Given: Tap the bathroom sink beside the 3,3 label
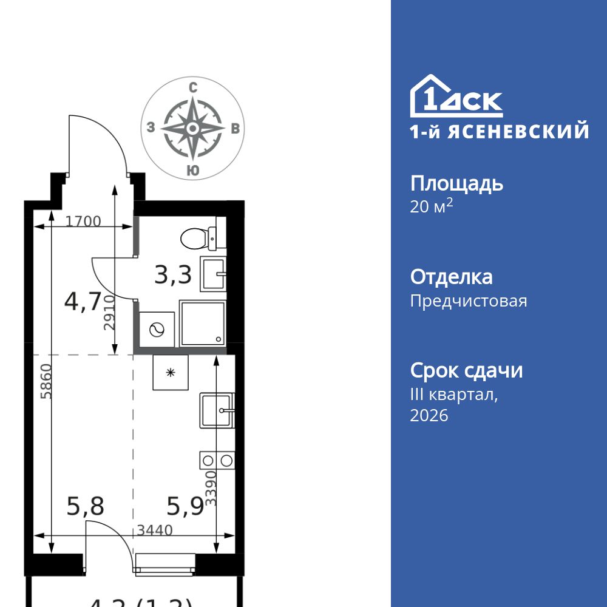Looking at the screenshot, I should click(x=212, y=275).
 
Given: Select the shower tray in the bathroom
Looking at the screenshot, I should click(x=203, y=323).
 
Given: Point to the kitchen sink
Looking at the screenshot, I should click(x=215, y=410).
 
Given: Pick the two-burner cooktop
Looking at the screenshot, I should click(x=217, y=460).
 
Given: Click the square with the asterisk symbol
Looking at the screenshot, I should click(x=171, y=372).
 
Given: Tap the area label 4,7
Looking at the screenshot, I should click(x=83, y=302).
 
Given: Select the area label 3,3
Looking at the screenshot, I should click(x=173, y=276).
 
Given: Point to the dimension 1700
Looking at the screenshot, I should click(x=83, y=222).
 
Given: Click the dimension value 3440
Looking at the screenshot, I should click(x=155, y=530).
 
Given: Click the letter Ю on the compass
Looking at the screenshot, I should click(x=192, y=171).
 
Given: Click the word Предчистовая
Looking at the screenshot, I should click(x=469, y=300).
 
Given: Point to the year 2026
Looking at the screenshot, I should click(x=429, y=416).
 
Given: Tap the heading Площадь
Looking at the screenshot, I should click(x=456, y=183).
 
